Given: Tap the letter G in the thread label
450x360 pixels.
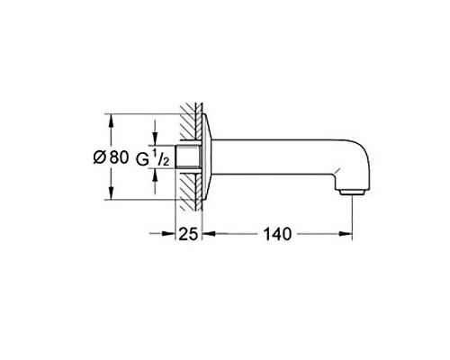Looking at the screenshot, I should point(142,159).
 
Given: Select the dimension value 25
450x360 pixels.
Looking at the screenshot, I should point(188,235).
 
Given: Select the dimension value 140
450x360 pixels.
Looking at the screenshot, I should point(276,235).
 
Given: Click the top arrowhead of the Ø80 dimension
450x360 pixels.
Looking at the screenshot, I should point(111,120).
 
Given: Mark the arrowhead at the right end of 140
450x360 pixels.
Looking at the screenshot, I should point(345,235).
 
